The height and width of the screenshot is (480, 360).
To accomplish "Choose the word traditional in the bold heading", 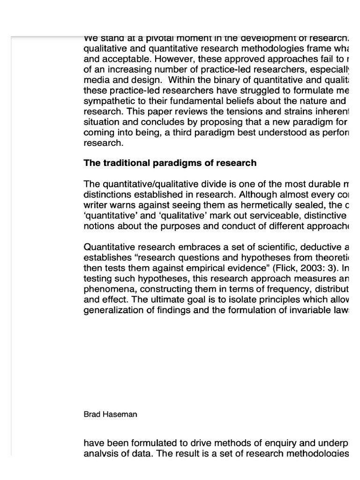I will tap(125, 163).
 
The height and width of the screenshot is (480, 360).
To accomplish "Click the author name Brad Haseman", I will tap(110, 414).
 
